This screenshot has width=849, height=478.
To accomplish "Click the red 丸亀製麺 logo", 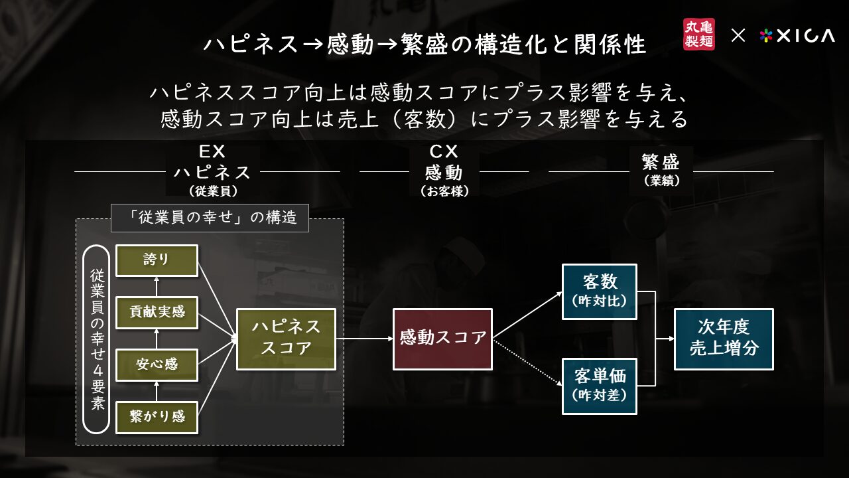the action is pos(699,34).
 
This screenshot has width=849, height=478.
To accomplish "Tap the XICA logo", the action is pos(797,36).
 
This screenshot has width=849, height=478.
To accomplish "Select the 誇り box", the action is pos(157,260).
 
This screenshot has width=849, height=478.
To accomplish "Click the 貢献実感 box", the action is pos(157,312).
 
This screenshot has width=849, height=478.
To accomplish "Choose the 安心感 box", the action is pos(157,364).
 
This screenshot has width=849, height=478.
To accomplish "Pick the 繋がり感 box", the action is pos(157,417).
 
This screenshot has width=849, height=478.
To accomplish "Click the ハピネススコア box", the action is pos(286,339).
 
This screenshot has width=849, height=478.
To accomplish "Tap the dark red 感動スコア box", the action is pos(442,339).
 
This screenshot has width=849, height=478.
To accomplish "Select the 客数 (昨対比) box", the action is pos(599,291).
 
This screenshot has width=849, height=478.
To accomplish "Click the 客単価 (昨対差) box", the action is pos(599,386).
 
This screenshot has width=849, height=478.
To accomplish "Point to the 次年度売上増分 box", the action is pos(724,339).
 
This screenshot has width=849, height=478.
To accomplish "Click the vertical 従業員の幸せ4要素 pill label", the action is pos(96,339).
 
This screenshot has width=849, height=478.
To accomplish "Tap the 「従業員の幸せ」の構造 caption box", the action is pos(210,218).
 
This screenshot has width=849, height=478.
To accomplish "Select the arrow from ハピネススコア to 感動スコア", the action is pos(364,339).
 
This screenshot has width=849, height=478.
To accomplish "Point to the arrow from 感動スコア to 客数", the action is pos(527,315).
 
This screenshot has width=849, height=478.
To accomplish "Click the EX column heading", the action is pos(213,171).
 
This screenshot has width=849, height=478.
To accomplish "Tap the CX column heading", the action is pos(444,171).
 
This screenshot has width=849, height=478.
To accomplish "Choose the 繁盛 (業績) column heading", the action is pos(661,170).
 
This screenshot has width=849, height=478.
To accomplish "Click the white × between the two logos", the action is pos(738,36).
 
